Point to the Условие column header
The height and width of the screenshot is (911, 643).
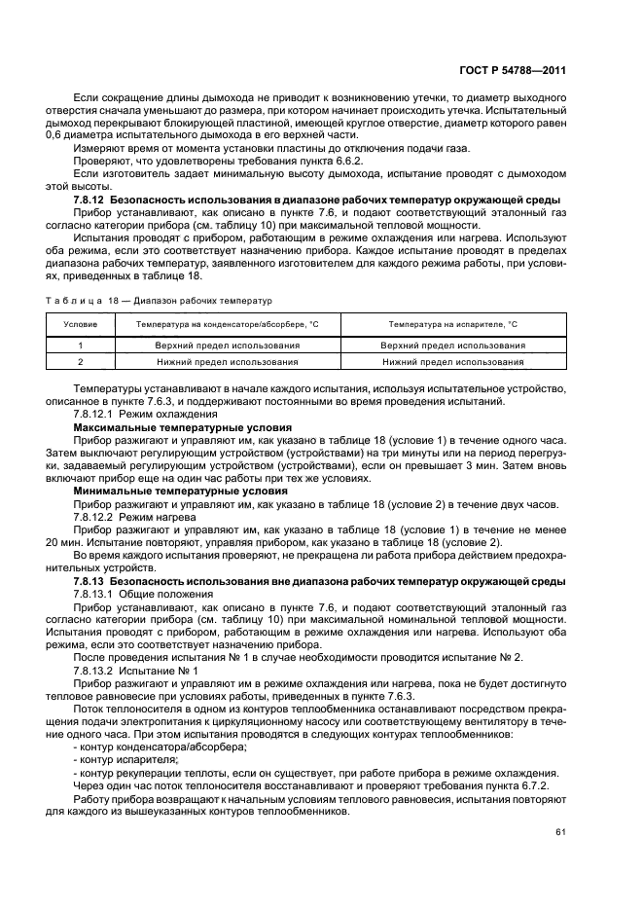(x=80, y=323)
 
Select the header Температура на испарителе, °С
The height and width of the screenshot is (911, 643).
(x=453, y=323)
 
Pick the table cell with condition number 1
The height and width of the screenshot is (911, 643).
(x=80, y=345)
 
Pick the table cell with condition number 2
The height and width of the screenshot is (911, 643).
(x=80, y=361)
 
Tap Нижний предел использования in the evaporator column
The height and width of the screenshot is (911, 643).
(x=453, y=361)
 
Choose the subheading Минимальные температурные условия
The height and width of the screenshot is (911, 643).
(x=161, y=491)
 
